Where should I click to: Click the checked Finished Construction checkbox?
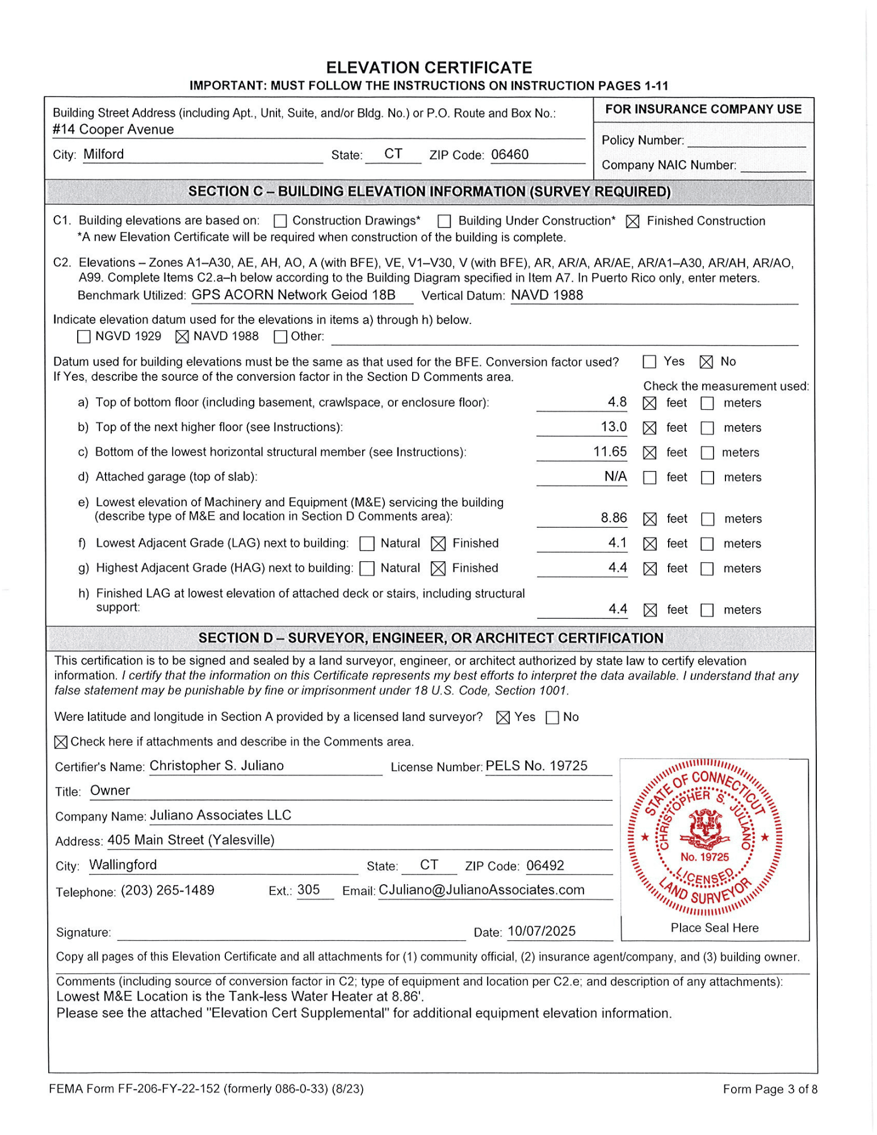click(x=632, y=221)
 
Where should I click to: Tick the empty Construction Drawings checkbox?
click(x=280, y=221)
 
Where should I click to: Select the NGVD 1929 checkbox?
click(x=83, y=337)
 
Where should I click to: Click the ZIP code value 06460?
click(x=510, y=155)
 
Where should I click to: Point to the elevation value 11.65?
click(x=610, y=452)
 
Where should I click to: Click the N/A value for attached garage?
click(x=615, y=477)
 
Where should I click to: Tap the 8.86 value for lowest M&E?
click(x=614, y=518)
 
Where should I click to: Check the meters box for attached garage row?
click(x=707, y=478)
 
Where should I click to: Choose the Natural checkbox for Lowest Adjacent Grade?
click(x=367, y=544)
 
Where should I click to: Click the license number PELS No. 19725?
click(x=536, y=766)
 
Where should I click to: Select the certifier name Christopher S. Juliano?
click(x=216, y=766)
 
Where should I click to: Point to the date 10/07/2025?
click(x=542, y=931)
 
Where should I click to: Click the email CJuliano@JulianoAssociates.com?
click(x=481, y=890)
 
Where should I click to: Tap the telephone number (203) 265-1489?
click(x=167, y=890)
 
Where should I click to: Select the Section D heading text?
click(x=430, y=638)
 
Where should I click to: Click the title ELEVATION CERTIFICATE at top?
click(x=429, y=68)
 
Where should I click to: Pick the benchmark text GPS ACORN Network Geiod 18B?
click(x=293, y=295)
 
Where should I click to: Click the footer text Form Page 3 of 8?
click(x=770, y=1089)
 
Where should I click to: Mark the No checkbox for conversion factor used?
click(x=706, y=362)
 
